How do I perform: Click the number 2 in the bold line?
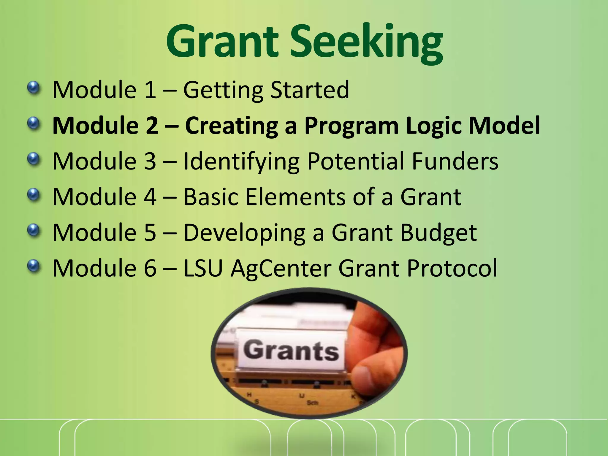[152, 126]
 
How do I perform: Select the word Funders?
[455, 161]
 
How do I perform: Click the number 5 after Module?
[150, 232]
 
